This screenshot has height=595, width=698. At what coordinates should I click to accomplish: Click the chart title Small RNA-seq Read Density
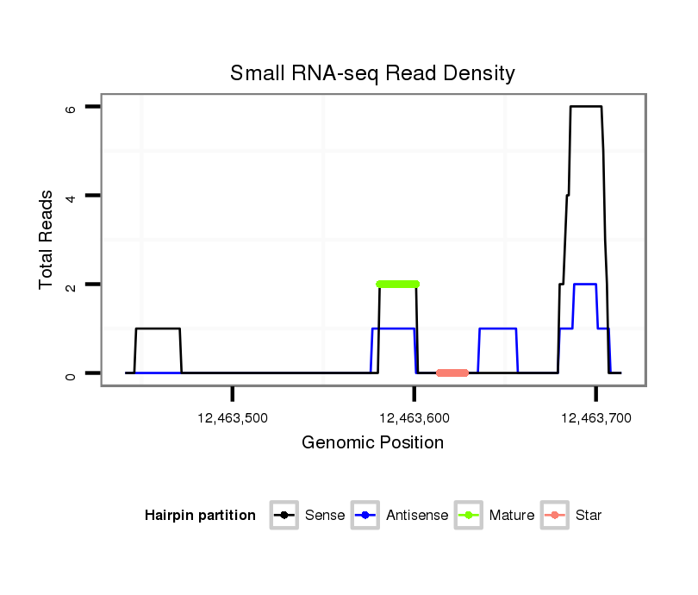click(372, 73)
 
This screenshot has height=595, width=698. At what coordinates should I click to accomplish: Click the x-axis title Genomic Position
click(372, 443)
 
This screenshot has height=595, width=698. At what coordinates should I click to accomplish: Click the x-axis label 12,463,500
click(233, 418)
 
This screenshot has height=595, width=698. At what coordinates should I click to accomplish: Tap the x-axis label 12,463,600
click(414, 418)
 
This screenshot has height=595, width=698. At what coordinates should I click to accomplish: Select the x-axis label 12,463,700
click(596, 418)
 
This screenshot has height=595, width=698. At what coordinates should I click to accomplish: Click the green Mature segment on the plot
click(397, 284)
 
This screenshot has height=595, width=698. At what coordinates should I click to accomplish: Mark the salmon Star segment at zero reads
click(452, 373)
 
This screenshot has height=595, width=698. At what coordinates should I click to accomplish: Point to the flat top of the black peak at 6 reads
click(585, 106)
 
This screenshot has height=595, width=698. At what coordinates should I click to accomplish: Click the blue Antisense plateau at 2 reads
click(585, 284)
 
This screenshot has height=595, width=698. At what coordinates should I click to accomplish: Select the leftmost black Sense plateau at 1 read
click(158, 329)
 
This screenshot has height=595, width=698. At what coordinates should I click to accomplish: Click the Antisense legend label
click(417, 516)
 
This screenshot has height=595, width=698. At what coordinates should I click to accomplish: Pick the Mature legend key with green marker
click(469, 516)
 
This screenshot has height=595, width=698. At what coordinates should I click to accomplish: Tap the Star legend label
click(589, 516)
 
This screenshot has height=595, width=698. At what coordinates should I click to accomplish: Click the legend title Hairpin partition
click(200, 516)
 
